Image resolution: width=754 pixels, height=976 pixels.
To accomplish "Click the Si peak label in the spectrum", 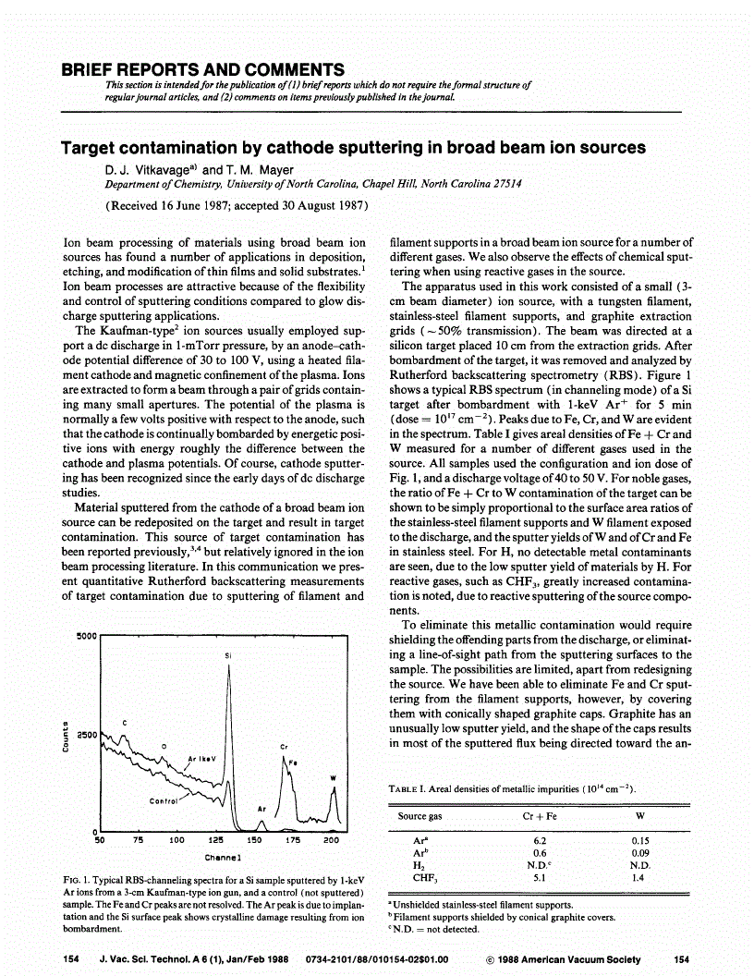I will click(227, 655).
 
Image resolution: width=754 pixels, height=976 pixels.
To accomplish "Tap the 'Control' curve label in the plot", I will click(164, 801).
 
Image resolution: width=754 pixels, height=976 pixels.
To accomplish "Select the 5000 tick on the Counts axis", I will click(85, 637).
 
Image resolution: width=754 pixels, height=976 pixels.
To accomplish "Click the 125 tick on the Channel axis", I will click(215, 841).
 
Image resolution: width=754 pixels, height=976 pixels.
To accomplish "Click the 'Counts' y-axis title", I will click(65, 736).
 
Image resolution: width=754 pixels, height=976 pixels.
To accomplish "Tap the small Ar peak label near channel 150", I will click(261, 809).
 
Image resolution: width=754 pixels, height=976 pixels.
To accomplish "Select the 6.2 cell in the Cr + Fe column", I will click(541, 840).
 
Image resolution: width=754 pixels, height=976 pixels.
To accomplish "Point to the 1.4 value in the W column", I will click(638, 878).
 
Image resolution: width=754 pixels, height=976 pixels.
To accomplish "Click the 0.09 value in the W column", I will click(638, 853).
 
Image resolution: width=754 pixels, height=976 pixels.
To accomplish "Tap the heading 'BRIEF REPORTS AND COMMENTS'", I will click(202, 70).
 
